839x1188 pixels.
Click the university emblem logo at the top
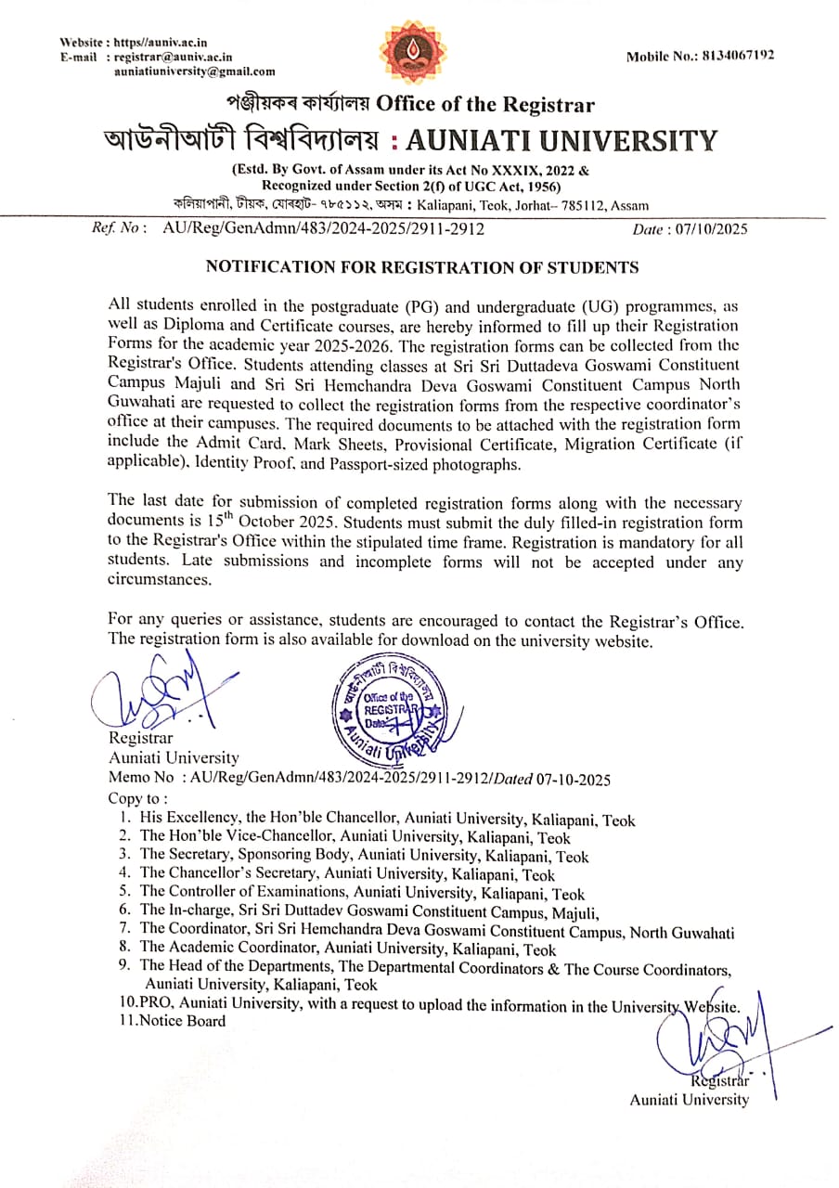tap(413, 53)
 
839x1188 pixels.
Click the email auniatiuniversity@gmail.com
tap(194, 71)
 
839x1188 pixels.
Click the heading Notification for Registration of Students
tap(421, 267)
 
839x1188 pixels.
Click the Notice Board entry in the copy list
tap(182, 1021)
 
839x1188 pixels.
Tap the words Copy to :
tap(138, 798)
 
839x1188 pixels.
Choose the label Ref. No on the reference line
tap(118, 228)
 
